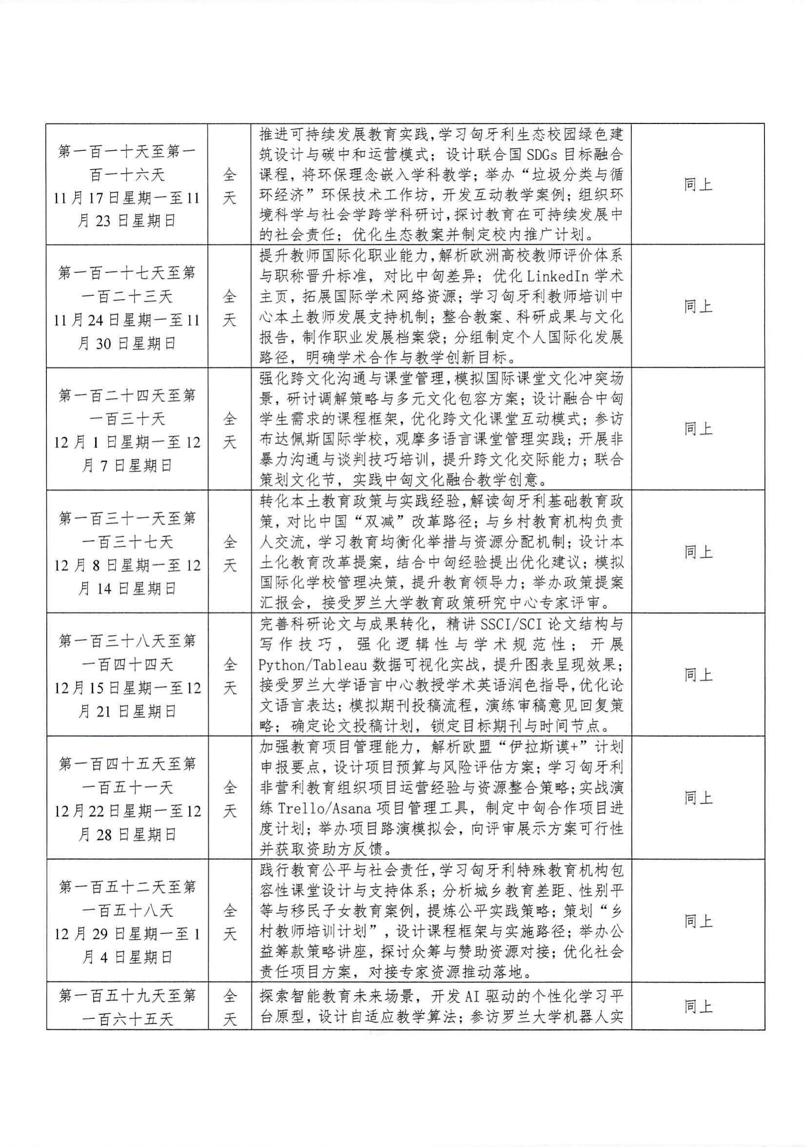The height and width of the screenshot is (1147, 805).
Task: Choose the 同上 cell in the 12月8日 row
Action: coord(698,551)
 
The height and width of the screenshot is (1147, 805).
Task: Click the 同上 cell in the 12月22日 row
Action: coord(698,798)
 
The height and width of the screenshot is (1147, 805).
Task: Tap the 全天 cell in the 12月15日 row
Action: coord(229,675)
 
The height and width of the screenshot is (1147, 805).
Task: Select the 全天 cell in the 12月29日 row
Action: coord(229,922)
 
